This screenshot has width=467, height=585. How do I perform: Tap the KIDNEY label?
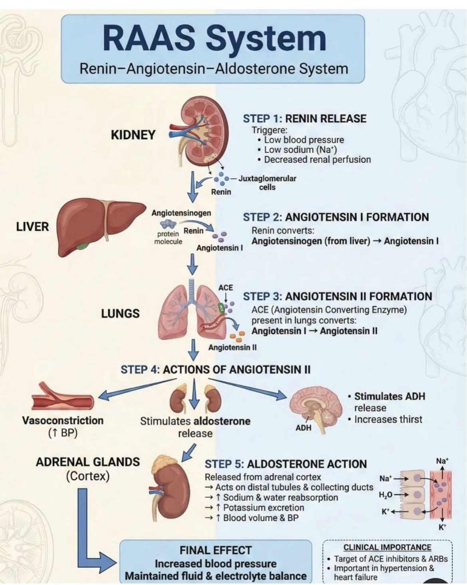(x=133, y=135)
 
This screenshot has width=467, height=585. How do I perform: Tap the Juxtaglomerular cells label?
(x=267, y=183)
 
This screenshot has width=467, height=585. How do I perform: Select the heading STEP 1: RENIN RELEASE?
(x=305, y=118)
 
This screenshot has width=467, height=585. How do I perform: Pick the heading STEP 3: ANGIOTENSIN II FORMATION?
(x=337, y=296)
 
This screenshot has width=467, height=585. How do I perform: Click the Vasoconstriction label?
(x=63, y=420)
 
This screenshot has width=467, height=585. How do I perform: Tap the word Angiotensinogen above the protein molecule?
(x=181, y=213)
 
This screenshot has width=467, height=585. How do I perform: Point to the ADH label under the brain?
(x=303, y=428)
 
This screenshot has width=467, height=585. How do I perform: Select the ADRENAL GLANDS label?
(x=88, y=462)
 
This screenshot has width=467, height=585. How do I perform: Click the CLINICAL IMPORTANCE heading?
(x=387, y=548)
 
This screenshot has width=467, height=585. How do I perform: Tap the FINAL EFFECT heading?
(x=216, y=550)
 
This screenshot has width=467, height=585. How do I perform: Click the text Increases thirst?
(x=388, y=419)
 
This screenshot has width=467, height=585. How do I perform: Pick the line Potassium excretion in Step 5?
(x=263, y=508)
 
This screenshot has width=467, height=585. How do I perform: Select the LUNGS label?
(x=120, y=314)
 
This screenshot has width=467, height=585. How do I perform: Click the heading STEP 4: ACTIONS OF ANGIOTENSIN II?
(x=216, y=369)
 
